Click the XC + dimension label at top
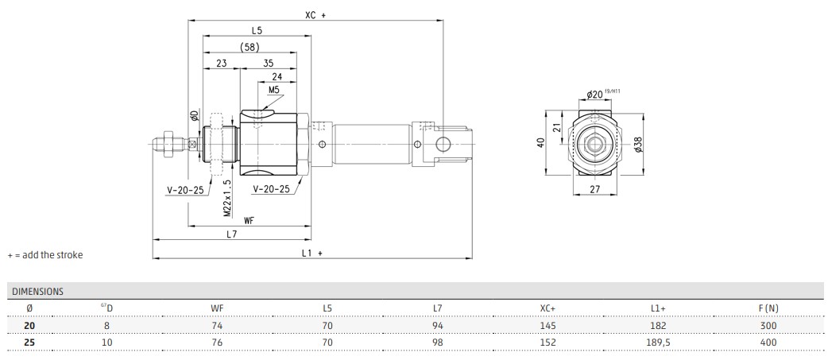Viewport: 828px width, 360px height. pyautogui.click(x=315, y=14)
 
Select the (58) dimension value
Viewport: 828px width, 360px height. pyautogui.click(x=249, y=47)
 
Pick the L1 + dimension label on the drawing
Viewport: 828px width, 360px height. pyautogui.click(x=311, y=252)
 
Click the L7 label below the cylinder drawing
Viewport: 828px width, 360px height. pyautogui.click(x=231, y=234)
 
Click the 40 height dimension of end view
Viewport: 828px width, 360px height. pyautogui.click(x=541, y=142)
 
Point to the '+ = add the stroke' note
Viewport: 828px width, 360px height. pyautogui.click(x=44, y=255)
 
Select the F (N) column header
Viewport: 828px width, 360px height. pyautogui.click(x=768, y=308)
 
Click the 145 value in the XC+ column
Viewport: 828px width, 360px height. pyautogui.click(x=547, y=326)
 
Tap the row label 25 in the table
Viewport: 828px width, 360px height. pyautogui.click(x=29, y=343)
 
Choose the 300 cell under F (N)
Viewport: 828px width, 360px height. pyautogui.click(x=768, y=326)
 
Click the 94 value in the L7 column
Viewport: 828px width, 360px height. pyautogui.click(x=437, y=326)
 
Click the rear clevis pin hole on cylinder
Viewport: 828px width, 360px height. pyautogui.click(x=443, y=143)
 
